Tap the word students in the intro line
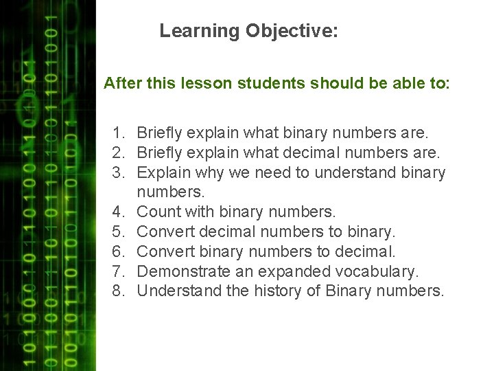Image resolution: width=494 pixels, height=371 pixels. (x=272, y=84)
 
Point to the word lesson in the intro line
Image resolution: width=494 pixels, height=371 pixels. (x=210, y=84)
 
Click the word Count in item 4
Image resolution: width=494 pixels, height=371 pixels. (x=158, y=212)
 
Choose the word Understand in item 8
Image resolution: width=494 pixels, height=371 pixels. (x=180, y=291)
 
